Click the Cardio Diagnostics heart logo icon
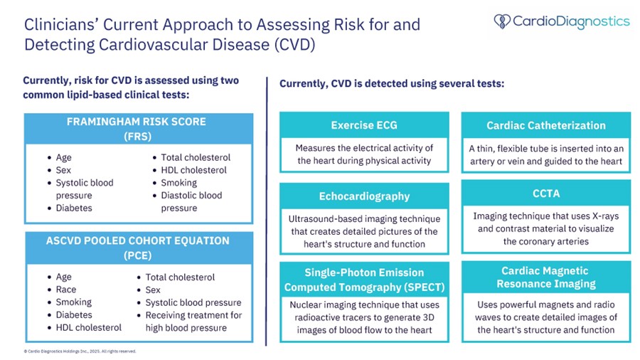coord(502,21)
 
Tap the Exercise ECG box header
coord(364,125)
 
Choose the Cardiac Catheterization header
coord(545,125)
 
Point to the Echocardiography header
coord(364,196)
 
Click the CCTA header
coord(545,193)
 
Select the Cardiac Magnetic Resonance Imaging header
coord(545,277)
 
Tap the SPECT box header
coord(364,280)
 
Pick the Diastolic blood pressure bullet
coord(191,201)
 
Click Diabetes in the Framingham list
coord(73,208)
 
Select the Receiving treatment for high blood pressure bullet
coord(193,321)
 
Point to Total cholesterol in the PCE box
coord(179,277)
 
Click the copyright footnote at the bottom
coord(79,351)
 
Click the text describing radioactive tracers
coord(364,317)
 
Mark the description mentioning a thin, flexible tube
coord(545,154)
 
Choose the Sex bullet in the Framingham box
coord(63,170)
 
